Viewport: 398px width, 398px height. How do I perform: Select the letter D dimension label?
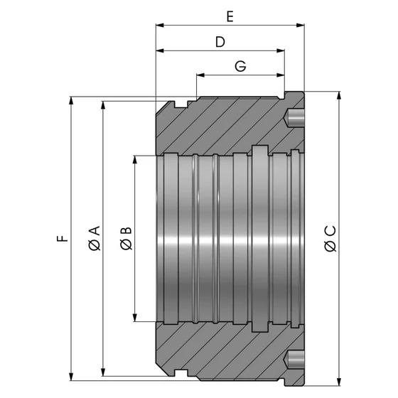pyautogui.click(x=220, y=42)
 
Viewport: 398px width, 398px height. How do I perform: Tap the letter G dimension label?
pyautogui.click(x=240, y=66)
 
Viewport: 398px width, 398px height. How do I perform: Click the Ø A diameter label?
pyautogui.click(x=95, y=237)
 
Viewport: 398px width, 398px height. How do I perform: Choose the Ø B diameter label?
pyautogui.click(x=126, y=237)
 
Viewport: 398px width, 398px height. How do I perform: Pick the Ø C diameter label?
pyautogui.click(x=329, y=237)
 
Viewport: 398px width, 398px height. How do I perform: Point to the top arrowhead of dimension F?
pyautogui.click(x=71, y=100)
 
